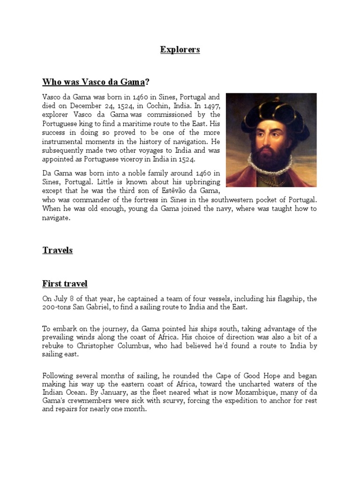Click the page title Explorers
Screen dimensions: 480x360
point(180,49)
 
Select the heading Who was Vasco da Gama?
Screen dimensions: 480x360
point(96,82)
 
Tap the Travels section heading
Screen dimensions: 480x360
point(58,250)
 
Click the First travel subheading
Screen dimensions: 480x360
point(65,284)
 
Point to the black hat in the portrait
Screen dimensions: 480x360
point(270,109)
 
